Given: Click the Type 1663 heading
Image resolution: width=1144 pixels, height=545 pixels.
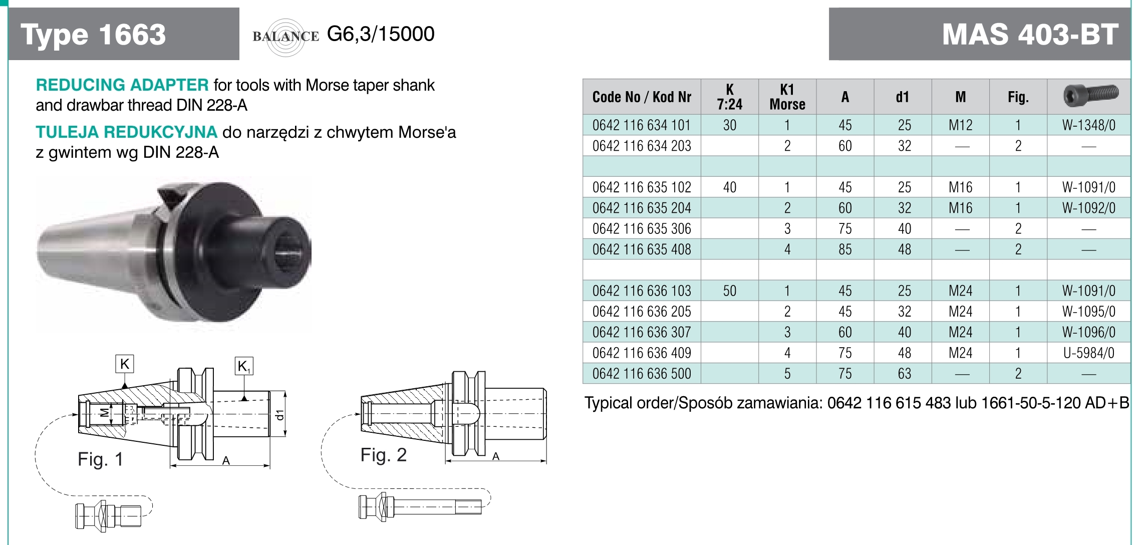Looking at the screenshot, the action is pos(93,35).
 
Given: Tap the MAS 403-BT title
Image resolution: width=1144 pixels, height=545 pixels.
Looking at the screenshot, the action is pos(1030,35).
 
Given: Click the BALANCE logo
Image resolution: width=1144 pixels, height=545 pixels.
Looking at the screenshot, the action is pos(286,36).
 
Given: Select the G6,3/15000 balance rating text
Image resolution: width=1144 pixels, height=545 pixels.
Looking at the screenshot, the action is pos(381,34).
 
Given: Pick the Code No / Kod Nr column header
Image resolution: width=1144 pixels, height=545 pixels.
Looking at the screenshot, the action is pos(642,97).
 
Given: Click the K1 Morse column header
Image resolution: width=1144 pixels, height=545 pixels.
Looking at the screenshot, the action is pos(787,97).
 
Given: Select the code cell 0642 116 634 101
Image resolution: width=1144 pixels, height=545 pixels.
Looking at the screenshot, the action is pos(642,125).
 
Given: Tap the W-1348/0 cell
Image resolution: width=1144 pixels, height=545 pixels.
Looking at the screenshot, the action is pos(1089,125).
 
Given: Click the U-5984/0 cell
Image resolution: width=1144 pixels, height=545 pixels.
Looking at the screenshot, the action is pos(1089,353).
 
